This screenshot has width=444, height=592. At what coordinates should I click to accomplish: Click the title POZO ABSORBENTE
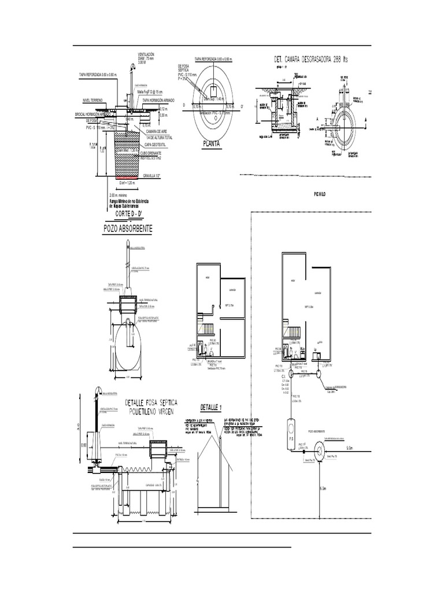tap(128, 229)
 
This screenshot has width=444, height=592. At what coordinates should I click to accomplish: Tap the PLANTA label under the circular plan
tap(211, 144)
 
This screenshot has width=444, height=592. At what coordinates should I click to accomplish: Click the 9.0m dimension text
tap(350, 447)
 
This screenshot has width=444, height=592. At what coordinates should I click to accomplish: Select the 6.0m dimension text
tap(323, 489)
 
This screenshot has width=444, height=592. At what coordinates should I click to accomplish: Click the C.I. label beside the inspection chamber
tap(284, 376)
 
